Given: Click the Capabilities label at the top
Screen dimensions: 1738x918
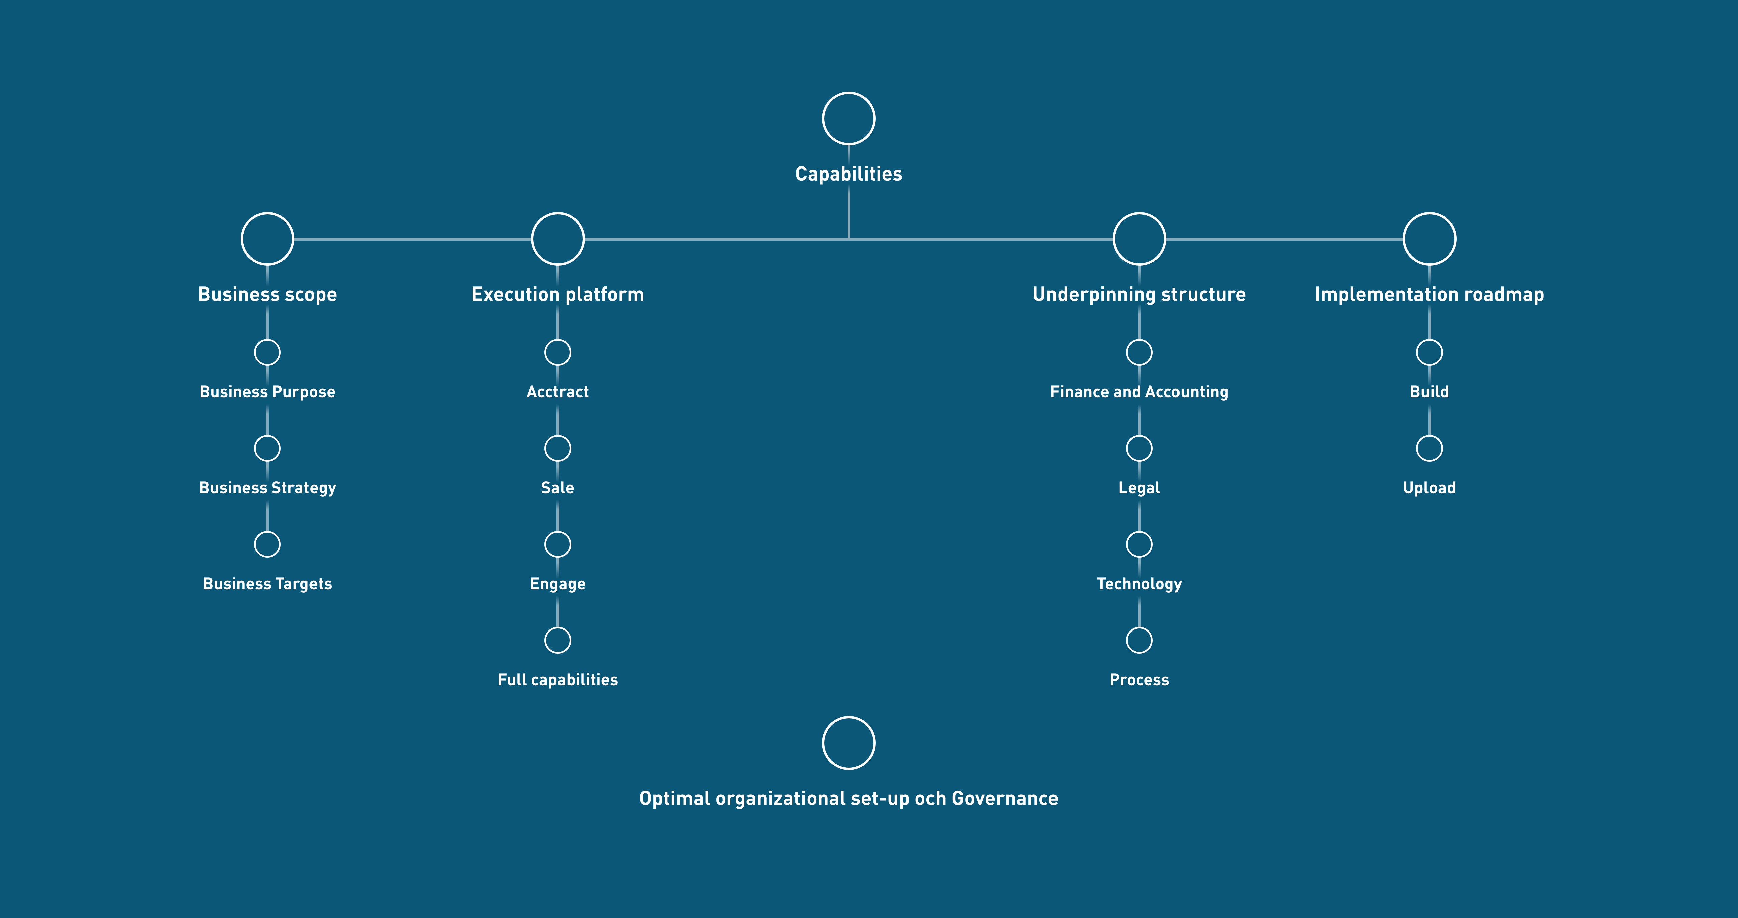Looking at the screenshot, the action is (x=849, y=174).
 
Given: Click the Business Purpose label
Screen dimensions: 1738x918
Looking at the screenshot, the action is (x=267, y=392).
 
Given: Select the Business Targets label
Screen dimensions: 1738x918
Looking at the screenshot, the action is (x=267, y=584).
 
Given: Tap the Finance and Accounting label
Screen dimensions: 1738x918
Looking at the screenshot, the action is (x=1139, y=392).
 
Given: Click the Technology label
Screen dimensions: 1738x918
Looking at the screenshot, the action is (x=1139, y=584).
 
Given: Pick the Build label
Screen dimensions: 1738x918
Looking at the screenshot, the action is (x=1429, y=392).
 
